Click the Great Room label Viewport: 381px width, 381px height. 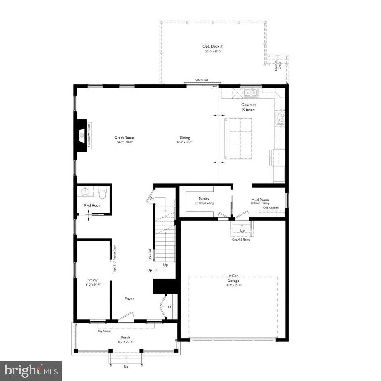124,138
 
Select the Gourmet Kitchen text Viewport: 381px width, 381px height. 248,107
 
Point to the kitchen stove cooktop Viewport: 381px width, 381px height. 280,118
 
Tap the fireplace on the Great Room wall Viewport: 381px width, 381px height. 82,136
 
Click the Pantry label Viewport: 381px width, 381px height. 204,199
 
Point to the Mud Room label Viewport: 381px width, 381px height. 260,200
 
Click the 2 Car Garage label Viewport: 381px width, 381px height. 234,278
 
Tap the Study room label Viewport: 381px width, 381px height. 93,280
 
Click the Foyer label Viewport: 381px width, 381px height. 129,298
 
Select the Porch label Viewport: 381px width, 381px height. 125,338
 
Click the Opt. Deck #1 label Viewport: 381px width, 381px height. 214,47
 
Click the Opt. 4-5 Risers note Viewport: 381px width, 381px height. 241,240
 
